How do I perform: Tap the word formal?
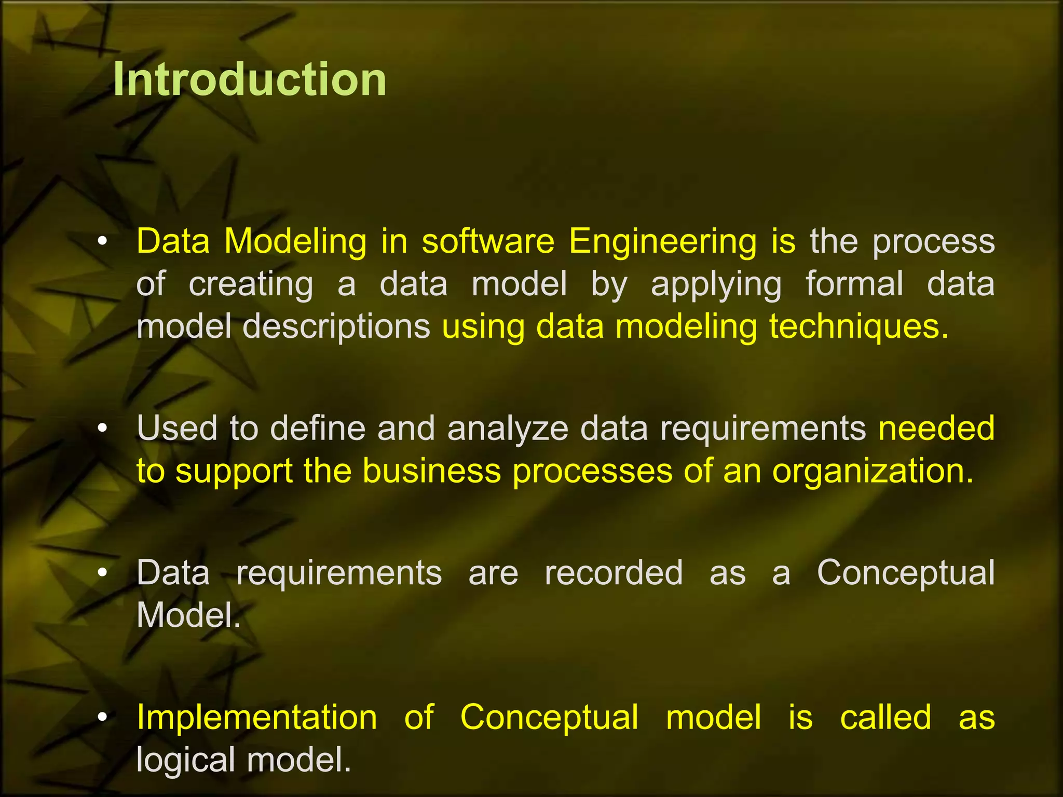[x=854, y=284]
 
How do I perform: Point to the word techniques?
[x=859, y=327]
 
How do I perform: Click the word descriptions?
[x=336, y=327]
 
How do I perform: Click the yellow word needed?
[x=936, y=429]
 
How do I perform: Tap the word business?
[x=431, y=471]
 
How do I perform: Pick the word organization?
[x=873, y=471]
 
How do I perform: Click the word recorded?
[x=614, y=573]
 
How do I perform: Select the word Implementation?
[x=256, y=718]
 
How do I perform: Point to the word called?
[x=885, y=718]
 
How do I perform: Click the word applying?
[x=716, y=285]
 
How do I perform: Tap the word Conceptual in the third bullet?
[x=905, y=573]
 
